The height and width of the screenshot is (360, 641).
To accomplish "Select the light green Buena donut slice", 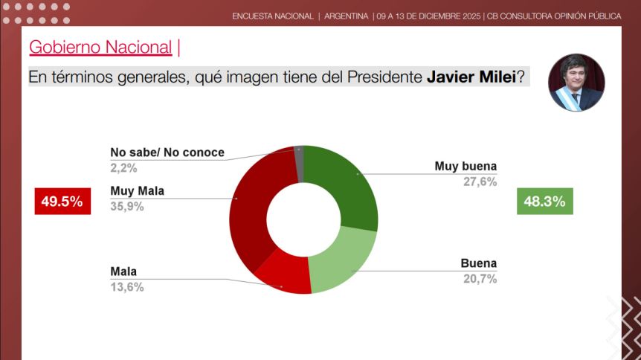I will click(x=342, y=260).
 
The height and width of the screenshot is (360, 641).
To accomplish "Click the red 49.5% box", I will click(x=62, y=201).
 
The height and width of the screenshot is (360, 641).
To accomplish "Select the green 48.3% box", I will click(x=544, y=201).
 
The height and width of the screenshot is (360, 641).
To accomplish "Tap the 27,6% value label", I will click(x=481, y=182).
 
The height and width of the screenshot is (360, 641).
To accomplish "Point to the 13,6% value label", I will click(x=126, y=287).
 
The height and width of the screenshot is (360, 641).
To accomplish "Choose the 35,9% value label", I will click(x=126, y=206).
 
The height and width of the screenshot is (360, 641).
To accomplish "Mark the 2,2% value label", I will click(x=123, y=168).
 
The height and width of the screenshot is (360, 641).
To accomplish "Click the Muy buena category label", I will click(x=466, y=167).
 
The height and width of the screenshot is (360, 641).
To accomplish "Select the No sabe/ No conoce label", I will click(x=167, y=152).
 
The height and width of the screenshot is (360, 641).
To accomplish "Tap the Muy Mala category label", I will click(x=137, y=190).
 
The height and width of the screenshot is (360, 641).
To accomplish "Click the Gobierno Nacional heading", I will click(x=100, y=48).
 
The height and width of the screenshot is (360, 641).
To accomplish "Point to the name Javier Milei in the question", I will click(x=471, y=77).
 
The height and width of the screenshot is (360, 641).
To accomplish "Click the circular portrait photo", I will click(x=576, y=83).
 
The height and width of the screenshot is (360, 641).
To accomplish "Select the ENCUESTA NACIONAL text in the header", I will click(x=272, y=16).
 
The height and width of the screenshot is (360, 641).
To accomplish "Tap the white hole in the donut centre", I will click(x=303, y=219).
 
